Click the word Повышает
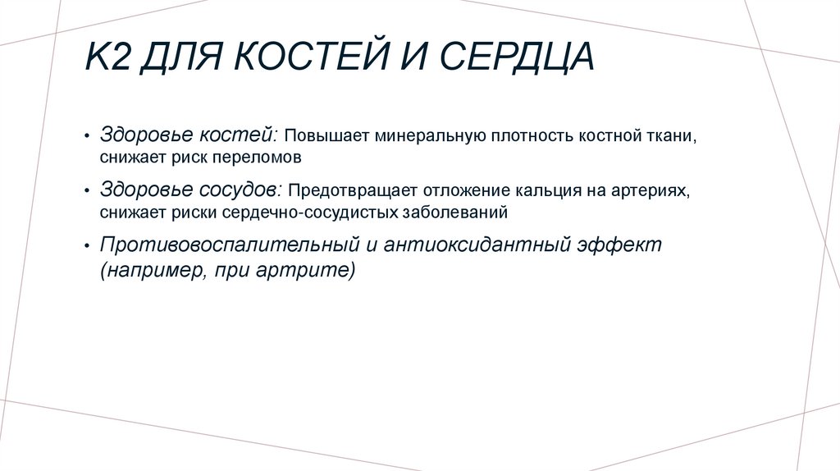pos(328,135)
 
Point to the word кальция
pos(549,191)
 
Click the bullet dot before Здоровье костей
pos(88,136)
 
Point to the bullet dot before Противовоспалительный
pos(88,247)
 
